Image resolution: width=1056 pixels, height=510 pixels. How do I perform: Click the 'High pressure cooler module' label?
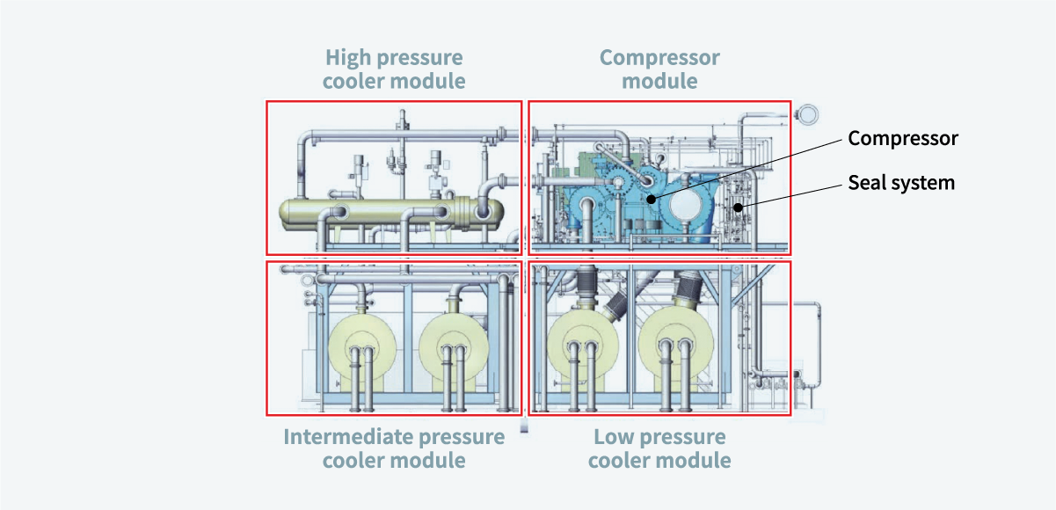pos(394,69)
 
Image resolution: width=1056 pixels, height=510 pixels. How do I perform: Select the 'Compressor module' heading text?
pos(659,69)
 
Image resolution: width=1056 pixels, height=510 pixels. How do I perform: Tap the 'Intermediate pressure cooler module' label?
pos(394,448)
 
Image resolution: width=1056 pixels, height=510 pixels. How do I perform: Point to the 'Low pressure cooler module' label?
pos(659,448)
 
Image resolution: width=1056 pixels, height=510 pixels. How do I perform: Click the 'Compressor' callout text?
pos(902,138)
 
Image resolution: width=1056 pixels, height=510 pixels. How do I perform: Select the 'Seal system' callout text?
pos(900,183)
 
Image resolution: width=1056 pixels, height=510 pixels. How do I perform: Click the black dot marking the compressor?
pos(651,199)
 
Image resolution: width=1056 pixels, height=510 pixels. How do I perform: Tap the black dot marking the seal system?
pos(737,208)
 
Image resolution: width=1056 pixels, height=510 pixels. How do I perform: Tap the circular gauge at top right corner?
pos(809,113)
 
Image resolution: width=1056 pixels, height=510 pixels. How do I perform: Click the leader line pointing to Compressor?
pos(747,168)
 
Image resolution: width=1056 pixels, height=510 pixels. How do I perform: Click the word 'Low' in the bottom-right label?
pos(611,437)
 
